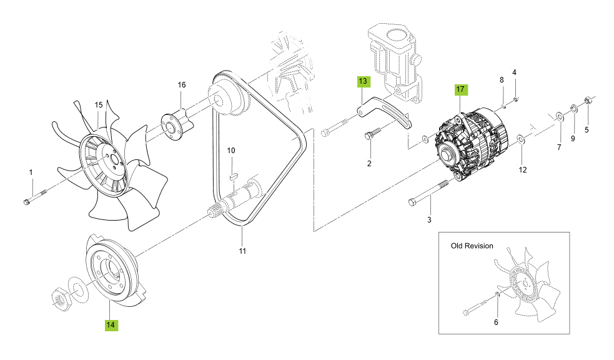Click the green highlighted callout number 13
(363, 81)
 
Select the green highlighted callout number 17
(460, 89)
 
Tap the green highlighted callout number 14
(111, 324)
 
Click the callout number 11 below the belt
(242, 251)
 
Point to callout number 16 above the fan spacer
(182, 85)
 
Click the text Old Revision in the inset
(472, 246)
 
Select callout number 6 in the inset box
(496, 322)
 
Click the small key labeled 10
(232, 176)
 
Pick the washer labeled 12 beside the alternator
(520, 140)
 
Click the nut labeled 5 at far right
(588, 101)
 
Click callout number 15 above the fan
(98, 104)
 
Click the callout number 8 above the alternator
(501, 80)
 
